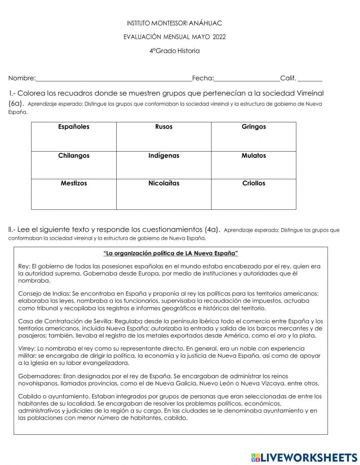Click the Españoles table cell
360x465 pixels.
coord(74,137)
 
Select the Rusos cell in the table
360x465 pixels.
coord(164,137)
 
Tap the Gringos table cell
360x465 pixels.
coord(254,137)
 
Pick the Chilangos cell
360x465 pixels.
coord(74,165)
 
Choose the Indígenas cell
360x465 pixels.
coord(164,165)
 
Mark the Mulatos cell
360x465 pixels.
coord(254,165)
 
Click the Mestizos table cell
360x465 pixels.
coord(74,194)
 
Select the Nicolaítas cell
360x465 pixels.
coord(164,194)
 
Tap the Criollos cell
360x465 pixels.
coord(254,194)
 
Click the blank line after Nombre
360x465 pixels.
coord(114,79)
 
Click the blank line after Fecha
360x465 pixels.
coord(247,79)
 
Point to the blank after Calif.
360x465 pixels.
coord(310,79)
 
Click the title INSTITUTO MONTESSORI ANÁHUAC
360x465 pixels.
coord(175,23)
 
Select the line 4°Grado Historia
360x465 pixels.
coord(175,51)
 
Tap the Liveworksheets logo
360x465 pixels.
coord(304,457)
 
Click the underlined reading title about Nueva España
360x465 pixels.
coord(171,253)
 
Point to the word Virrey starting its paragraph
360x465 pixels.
coord(26,348)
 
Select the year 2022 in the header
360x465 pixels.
coord(219,37)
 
